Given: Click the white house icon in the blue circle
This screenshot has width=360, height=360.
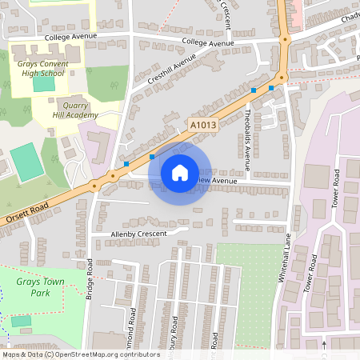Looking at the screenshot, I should pyautogui.click(x=180, y=172).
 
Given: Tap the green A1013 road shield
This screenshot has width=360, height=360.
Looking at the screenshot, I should pyautogui.click(x=203, y=125).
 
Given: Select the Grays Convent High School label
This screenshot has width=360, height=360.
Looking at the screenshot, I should pyautogui.click(x=38, y=66).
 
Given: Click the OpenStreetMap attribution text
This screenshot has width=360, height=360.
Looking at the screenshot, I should pyautogui.click(x=81, y=354).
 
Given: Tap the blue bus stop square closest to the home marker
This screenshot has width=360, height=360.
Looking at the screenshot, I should pyautogui.click(x=152, y=158).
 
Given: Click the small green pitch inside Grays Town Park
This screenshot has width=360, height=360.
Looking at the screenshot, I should pyautogui.click(x=21, y=321).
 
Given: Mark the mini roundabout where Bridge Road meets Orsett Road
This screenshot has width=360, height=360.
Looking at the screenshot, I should pyautogui.click(x=94, y=186).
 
